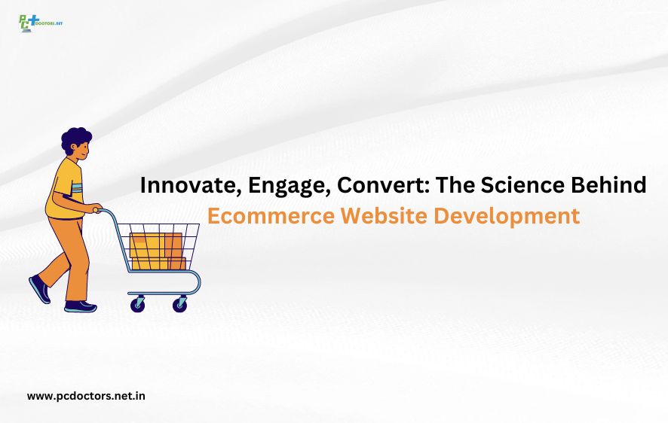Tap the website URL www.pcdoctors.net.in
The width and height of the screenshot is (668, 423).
(x=86, y=395)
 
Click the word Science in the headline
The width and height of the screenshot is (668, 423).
(x=516, y=185)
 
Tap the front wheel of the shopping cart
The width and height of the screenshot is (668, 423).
(x=179, y=304)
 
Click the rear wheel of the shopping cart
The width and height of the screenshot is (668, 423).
(x=138, y=304)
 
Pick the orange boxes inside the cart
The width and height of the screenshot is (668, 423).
(x=157, y=251)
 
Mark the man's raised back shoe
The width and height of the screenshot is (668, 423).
(x=39, y=289)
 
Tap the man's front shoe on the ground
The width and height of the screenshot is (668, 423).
(x=80, y=306)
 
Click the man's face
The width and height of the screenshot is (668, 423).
(x=84, y=151)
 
